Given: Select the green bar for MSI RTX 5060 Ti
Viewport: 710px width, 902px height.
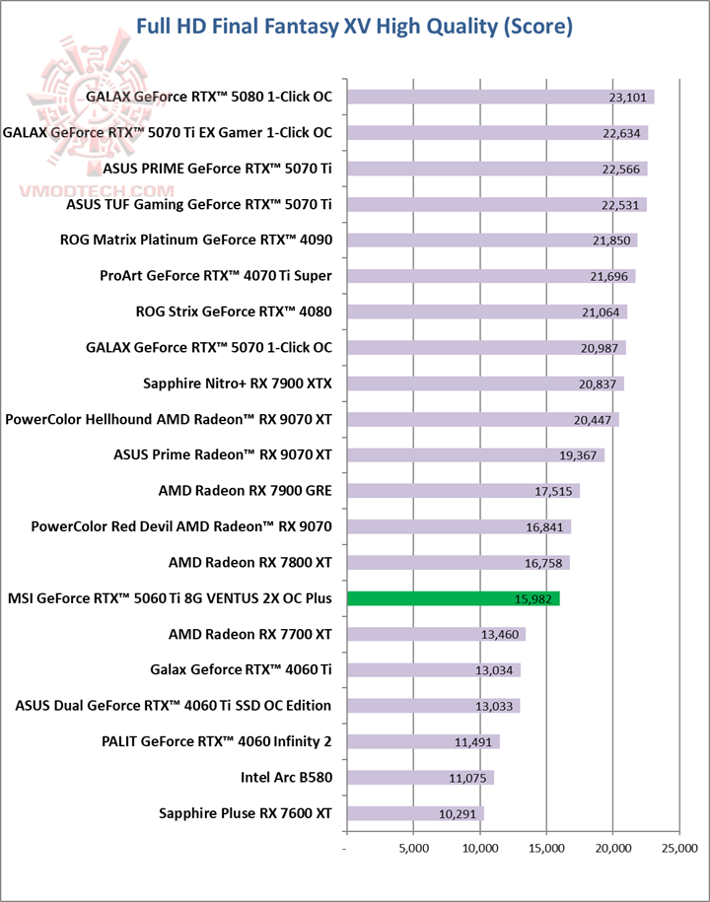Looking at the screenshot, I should pyautogui.click(x=453, y=598).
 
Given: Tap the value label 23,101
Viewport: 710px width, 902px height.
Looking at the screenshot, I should pyautogui.click(x=629, y=98).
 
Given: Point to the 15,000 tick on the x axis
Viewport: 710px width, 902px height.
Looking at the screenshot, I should pyautogui.click(x=547, y=848).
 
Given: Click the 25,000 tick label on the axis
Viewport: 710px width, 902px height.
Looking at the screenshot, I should pyautogui.click(x=679, y=848).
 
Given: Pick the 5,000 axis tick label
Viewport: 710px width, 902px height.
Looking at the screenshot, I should pyautogui.click(x=413, y=848).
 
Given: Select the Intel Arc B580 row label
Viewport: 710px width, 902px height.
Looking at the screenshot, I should pyautogui.click(x=286, y=777).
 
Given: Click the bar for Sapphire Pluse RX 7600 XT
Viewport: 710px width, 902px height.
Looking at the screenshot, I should pyautogui.click(x=414, y=813).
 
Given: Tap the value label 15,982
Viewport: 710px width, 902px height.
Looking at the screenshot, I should pyautogui.click(x=534, y=599).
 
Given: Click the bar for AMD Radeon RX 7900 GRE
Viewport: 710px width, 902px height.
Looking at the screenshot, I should pyautogui.click(x=462, y=491).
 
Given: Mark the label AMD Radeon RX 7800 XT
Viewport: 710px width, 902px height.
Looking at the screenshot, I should pyautogui.click(x=250, y=563).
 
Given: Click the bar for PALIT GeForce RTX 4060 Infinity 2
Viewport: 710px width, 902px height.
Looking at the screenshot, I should pyautogui.click(x=423, y=741).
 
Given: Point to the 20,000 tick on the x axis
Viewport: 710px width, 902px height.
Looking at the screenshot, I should pyautogui.click(x=613, y=848).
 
